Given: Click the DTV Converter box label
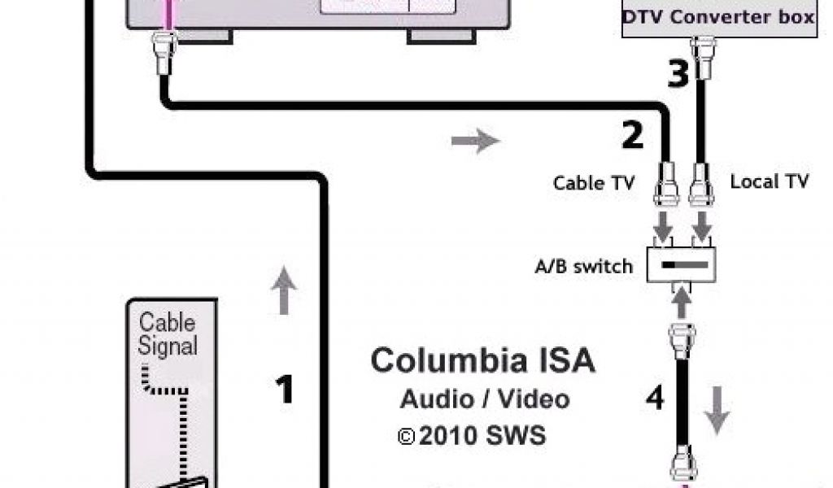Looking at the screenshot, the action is point(718,16).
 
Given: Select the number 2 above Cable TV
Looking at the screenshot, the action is point(632,135).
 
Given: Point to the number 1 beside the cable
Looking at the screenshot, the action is point(284,390).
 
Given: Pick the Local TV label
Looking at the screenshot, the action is point(769,181).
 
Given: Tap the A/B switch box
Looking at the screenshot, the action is point(682,266).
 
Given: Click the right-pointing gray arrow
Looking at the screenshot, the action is point(475,141).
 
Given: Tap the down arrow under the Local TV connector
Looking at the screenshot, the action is point(702,224).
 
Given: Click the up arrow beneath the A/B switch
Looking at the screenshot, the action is point(682,303).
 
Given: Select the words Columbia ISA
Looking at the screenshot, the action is point(482,361).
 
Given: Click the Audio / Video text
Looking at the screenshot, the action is point(484,399).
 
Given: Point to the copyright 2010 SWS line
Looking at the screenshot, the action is point(473,435).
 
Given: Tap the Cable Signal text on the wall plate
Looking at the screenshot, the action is point(168,333).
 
